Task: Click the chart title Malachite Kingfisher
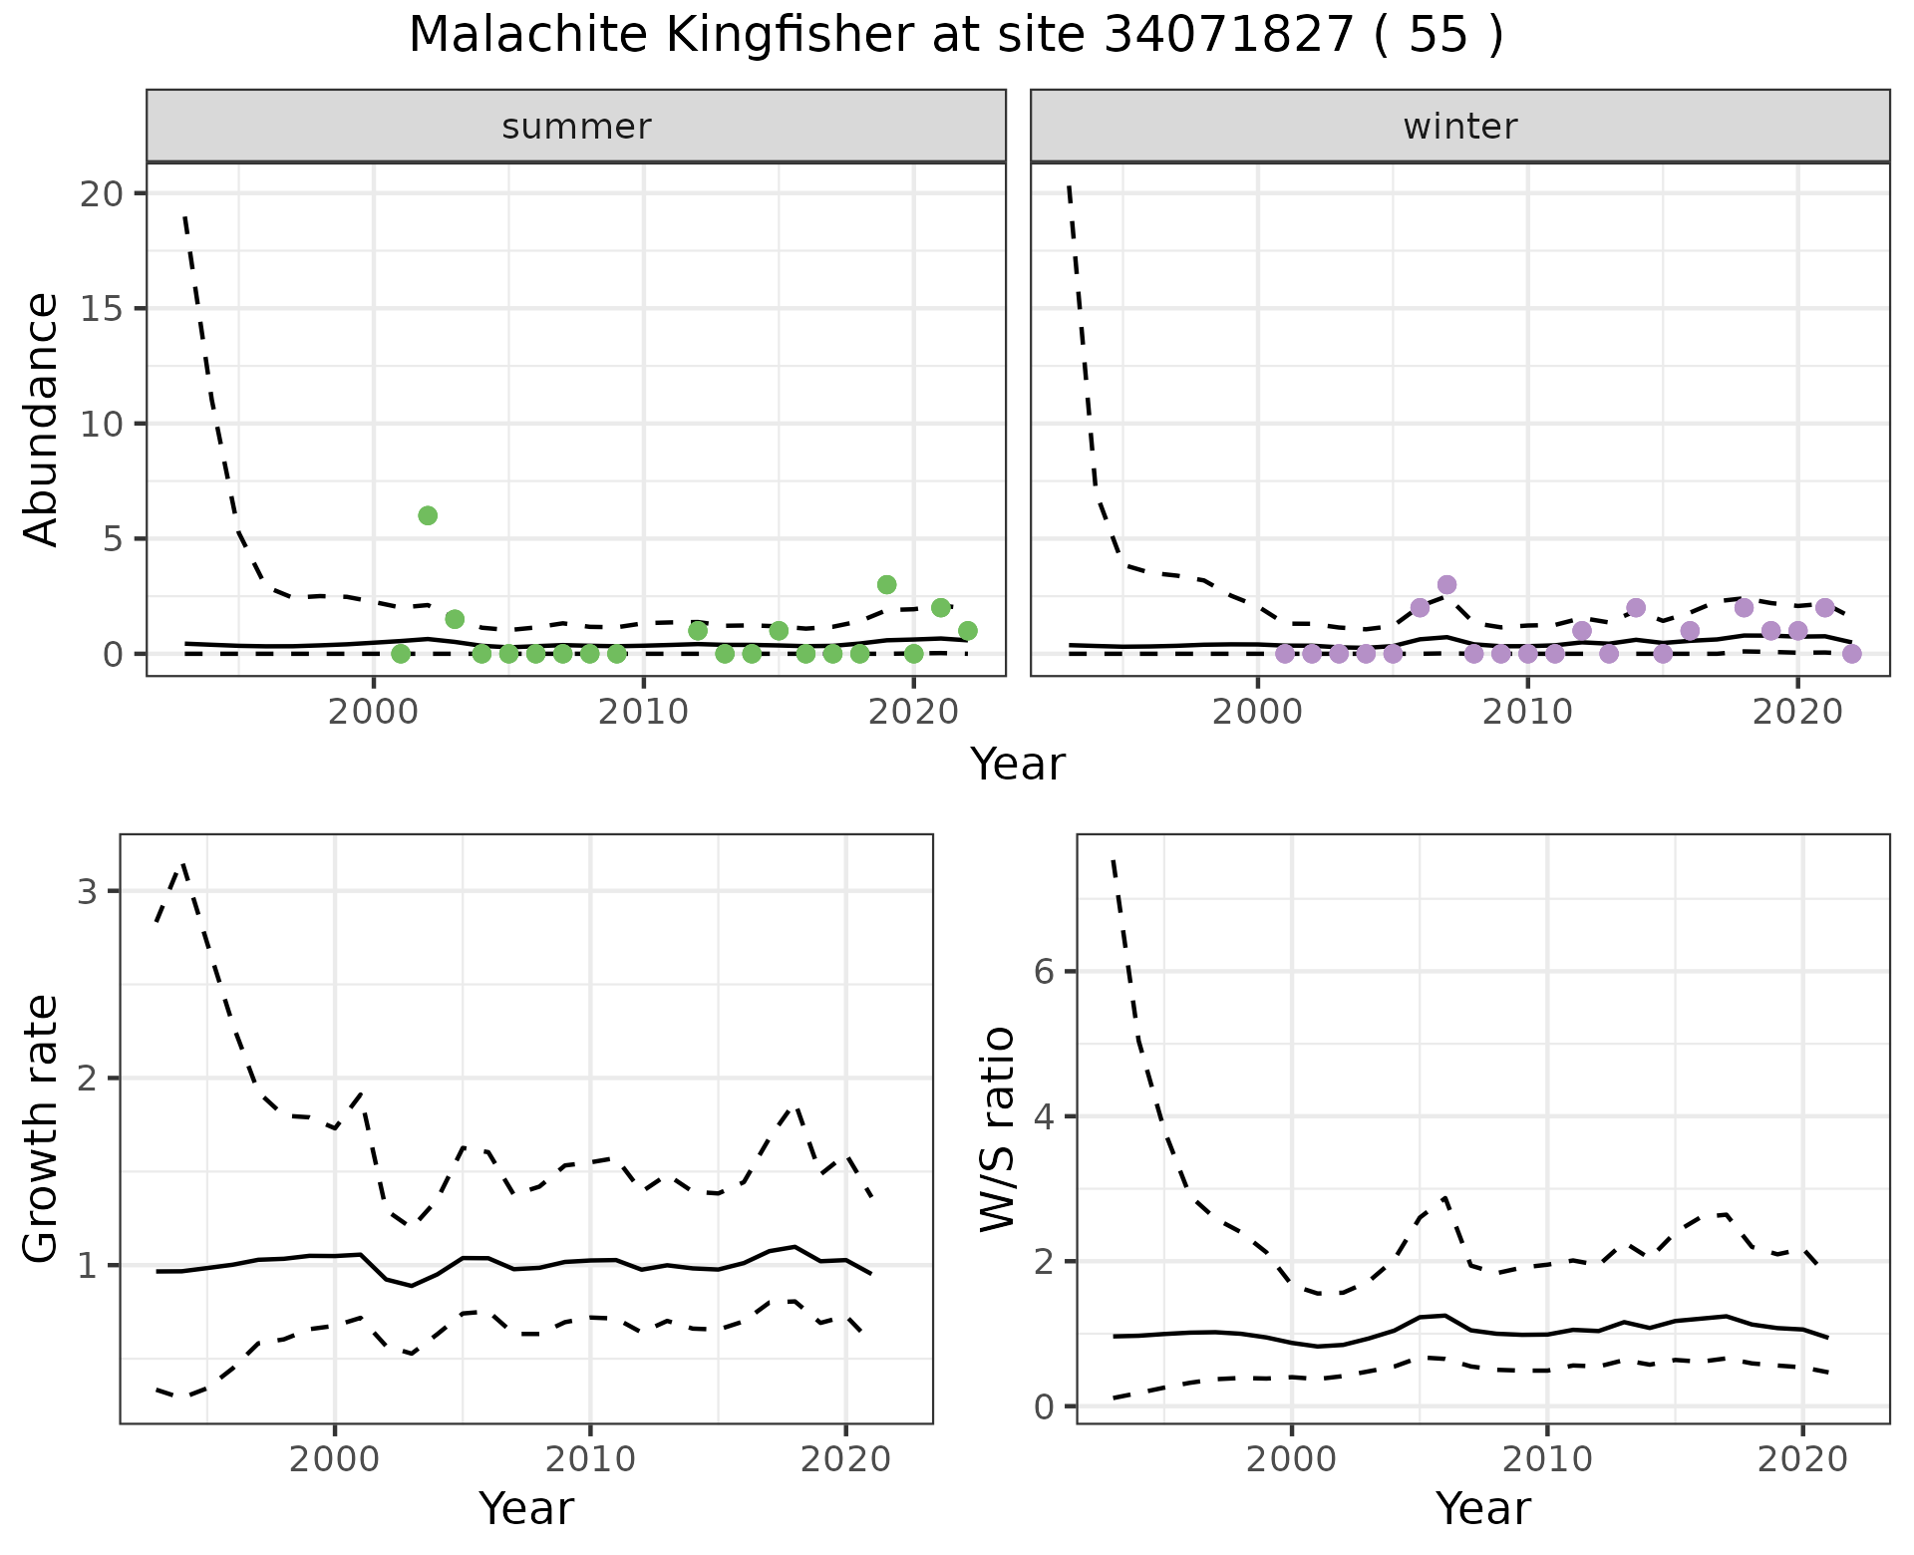pos(955,36)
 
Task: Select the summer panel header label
pos(576,127)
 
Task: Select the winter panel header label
pos(1459,127)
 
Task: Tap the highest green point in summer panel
pos(428,515)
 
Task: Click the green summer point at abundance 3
pos(886,584)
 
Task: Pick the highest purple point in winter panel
pos(1446,584)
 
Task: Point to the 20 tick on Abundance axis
pos(99,192)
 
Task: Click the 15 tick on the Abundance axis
pos(99,308)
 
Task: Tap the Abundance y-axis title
pos(42,419)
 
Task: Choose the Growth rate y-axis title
pos(42,1128)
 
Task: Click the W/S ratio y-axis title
pos(997,1128)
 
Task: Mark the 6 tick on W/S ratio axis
pos(1044,972)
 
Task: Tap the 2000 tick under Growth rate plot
pos(335,1460)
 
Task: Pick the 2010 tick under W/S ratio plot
pos(1546,1460)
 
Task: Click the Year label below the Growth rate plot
pos(526,1508)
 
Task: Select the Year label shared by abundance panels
pos(1018,765)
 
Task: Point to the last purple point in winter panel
pos(1851,654)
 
